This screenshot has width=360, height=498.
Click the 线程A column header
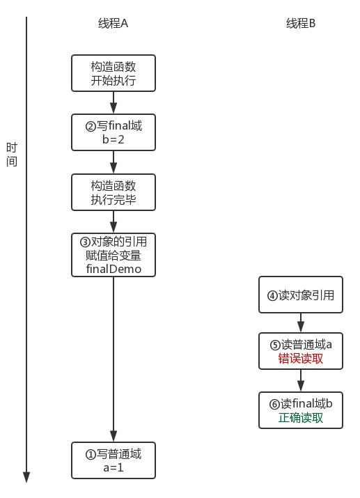[113, 23]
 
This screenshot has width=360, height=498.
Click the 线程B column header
[301, 23]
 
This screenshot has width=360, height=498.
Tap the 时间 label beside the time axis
[12, 155]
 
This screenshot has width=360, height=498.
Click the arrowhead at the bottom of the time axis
[26, 477]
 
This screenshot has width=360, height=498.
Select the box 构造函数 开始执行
[114, 73]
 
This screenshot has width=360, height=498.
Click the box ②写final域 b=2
[114, 132]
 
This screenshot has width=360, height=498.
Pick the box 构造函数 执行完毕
[114, 192]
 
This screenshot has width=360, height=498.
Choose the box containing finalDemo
[114, 255]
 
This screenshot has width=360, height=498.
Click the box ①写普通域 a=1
[114, 460]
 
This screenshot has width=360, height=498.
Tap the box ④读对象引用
[301, 295]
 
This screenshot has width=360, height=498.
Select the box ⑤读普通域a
[301, 351]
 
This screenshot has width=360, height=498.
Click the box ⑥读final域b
[301, 410]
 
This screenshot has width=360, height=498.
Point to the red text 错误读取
[301, 359]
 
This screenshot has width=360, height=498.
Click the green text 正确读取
[301, 419]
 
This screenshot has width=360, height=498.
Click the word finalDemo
[114, 268]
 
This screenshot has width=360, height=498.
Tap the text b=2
[114, 139]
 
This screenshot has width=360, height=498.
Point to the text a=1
[114, 467]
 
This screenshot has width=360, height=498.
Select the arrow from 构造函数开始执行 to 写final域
[114, 102]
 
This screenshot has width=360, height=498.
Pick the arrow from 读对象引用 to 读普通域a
[301, 322]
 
